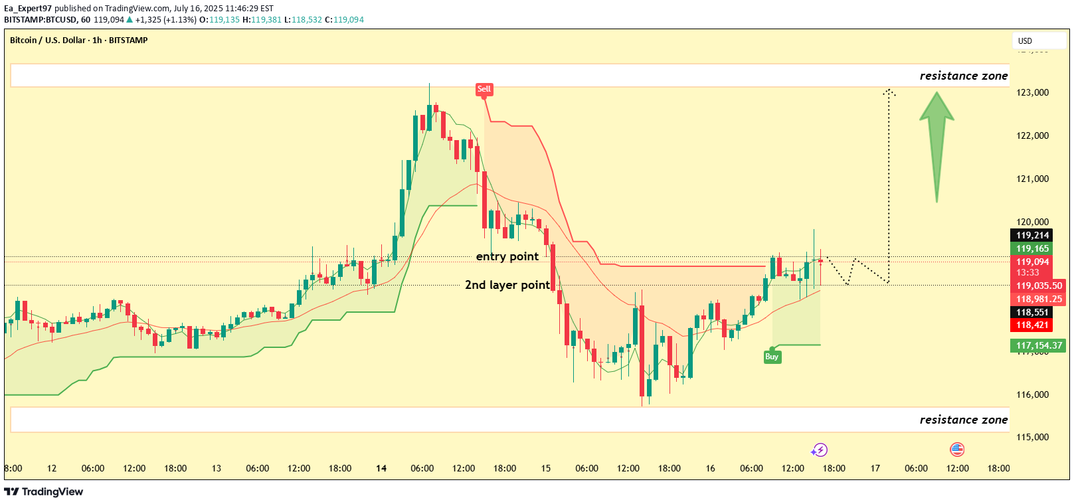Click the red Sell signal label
pyautogui.click(x=484, y=89)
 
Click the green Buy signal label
pyautogui.click(x=771, y=357)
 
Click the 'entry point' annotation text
pyautogui.click(x=507, y=256)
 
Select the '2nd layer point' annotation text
pyautogui.click(x=507, y=285)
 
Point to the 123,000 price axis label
pyautogui.click(x=1032, y=92)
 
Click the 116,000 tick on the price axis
pyautogui.click(x=1032, y=394)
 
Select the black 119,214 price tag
pyautogui.click(x=1032, y=235)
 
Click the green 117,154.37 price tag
pyautogui.click(x=1039, y=345)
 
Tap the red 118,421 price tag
pyautogui.click(x=1032, y=325)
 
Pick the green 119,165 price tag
pyautogui.click(x=1032, y=248)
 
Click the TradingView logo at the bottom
pyautogui.click(x=44, y=491)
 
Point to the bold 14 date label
pyautogui.click(x=381, y=468)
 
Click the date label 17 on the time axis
pyautogui.click(x=875, y=468)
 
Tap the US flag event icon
pyautogui.click(x=956, y=450)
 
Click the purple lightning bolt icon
pyautogui.click(x=820, y=450)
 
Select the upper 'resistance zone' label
pyautogui.click(x=963, y=76)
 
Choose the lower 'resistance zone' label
pyautogui.click(x=963, y=420)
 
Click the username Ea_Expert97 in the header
pyautogui.click(x=28, y=9)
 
